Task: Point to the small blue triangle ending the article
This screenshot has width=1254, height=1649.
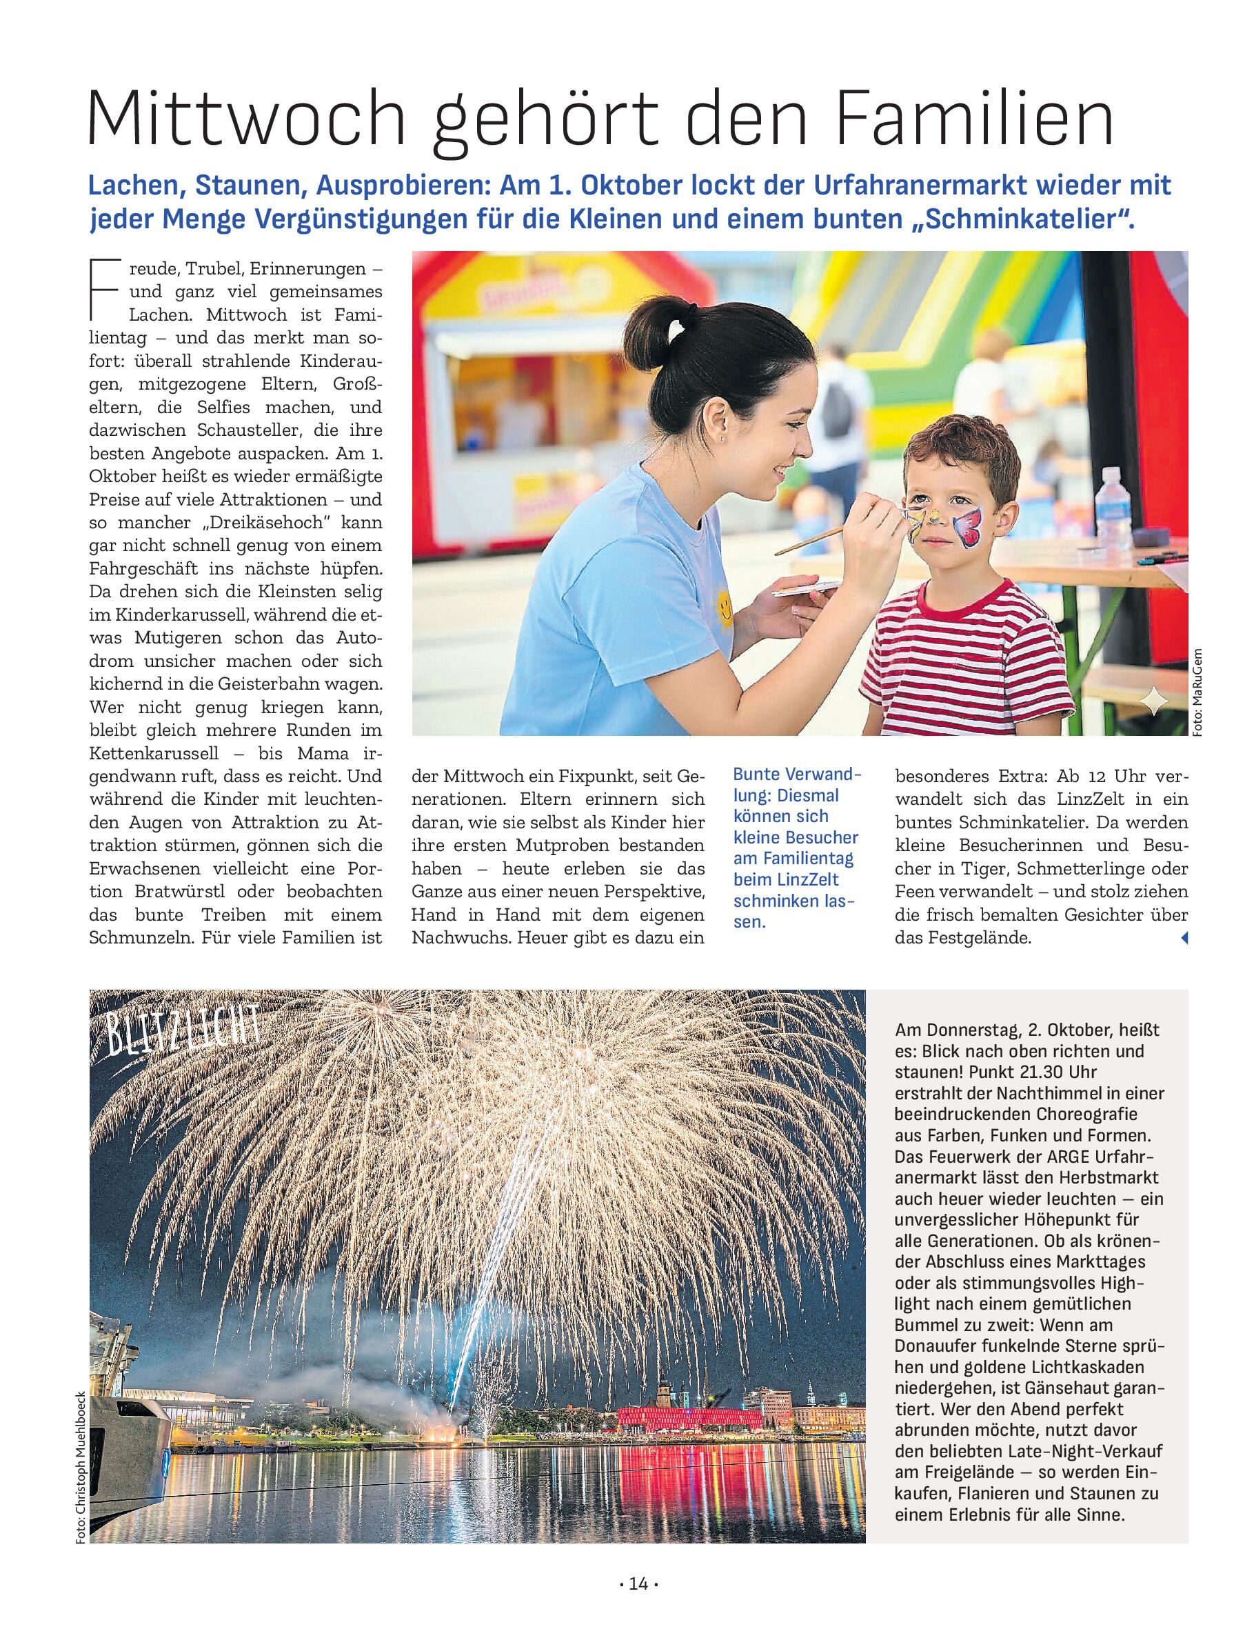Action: (1183, 939)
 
